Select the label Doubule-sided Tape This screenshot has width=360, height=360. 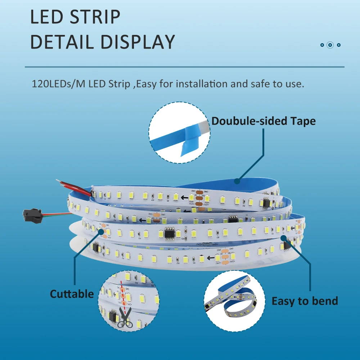[264, 121]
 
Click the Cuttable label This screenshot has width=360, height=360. [72, 294]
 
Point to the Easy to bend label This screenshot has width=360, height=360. [305, 301]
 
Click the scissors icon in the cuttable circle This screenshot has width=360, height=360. [125, 318]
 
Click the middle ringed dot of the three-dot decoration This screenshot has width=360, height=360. [330, 45]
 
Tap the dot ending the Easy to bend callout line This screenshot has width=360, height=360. [283, 237]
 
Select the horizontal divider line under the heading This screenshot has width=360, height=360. [184, 67]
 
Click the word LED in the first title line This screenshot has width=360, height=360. [45, 17]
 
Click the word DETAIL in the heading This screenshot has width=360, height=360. [63, 42]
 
